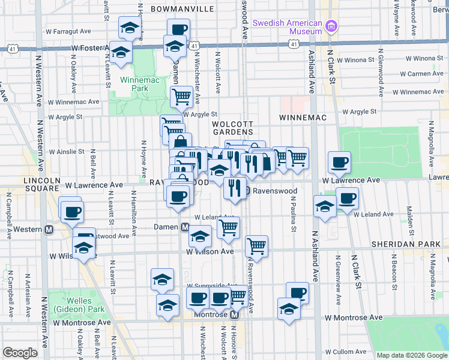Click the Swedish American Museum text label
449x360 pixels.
pyautogui.click(x=288, y=27)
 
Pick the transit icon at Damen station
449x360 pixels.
pyautogui.click(x=185, y=227)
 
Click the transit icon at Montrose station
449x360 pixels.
pyautogui.click(x=235, y=314)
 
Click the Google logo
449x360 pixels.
pyautogui.click(x=20, y=353)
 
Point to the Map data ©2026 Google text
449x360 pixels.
pyautogui.click(x=411, y=355)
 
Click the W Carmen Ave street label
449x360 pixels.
pyautogui.click(x=421, y=74)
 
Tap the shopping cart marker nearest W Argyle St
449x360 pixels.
pyautogui.click(x=181, y=96)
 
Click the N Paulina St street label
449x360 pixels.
pyautogui.click(x=294, y=220)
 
